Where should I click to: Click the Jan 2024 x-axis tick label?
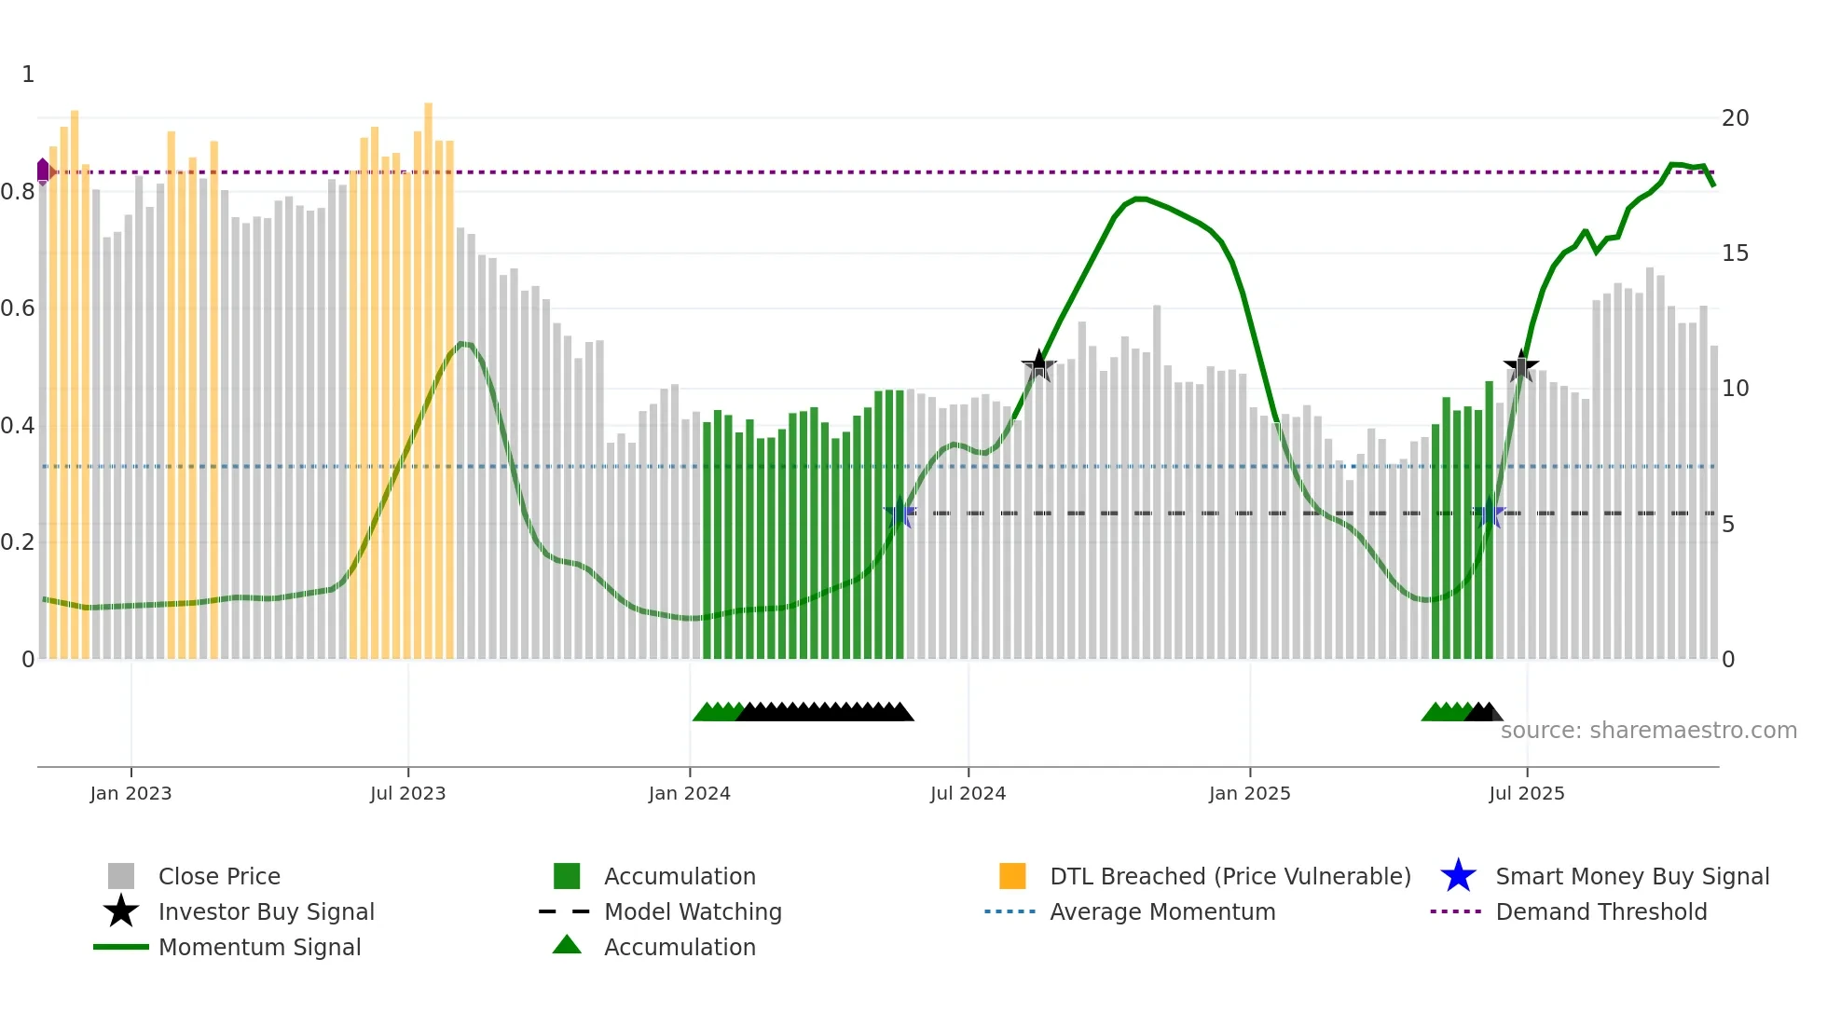[689, 793]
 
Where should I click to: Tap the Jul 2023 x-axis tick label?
[407, 793]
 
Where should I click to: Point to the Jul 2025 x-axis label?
[1526, 793]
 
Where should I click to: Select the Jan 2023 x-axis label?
[130, 793]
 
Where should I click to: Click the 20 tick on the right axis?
[1735, 118]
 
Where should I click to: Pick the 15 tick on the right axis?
[1735, 253]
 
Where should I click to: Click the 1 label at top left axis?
[28, 75]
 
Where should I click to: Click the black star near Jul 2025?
[1521, 366]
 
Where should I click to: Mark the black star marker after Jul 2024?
[1038, 366]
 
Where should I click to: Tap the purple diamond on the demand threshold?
[43, 171]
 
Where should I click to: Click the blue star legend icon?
[1458, 876]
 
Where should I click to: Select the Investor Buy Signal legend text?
[266, 911]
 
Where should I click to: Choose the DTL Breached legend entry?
[1229, 876]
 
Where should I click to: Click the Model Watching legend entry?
[693, 911]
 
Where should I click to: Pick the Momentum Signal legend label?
[259, 947]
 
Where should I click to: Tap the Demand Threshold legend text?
[1600, 911]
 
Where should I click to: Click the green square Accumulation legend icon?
[567, 876]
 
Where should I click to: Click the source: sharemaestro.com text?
[1648, 731]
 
